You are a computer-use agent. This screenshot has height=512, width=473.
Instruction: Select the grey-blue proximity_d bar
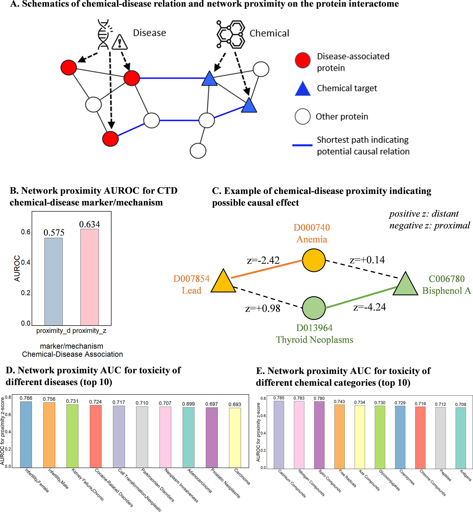[54, 281]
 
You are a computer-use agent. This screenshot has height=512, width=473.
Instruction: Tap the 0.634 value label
[90, 224]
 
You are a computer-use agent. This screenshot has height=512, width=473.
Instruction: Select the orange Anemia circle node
[314, 260]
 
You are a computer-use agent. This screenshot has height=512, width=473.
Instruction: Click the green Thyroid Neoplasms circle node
[314, 308]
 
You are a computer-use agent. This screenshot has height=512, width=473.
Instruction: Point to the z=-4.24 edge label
[369, 307]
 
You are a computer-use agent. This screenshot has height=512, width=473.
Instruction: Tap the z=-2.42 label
[263, 260]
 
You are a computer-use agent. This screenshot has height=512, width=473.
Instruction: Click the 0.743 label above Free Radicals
[339, 401]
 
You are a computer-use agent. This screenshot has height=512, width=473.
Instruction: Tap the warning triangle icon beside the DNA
[120, 43]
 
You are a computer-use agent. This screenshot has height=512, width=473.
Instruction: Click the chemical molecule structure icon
[231, 34]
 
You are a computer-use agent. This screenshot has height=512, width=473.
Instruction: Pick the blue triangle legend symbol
[302, 89]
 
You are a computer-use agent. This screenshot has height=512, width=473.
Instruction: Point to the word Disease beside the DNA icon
[150, 33]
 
